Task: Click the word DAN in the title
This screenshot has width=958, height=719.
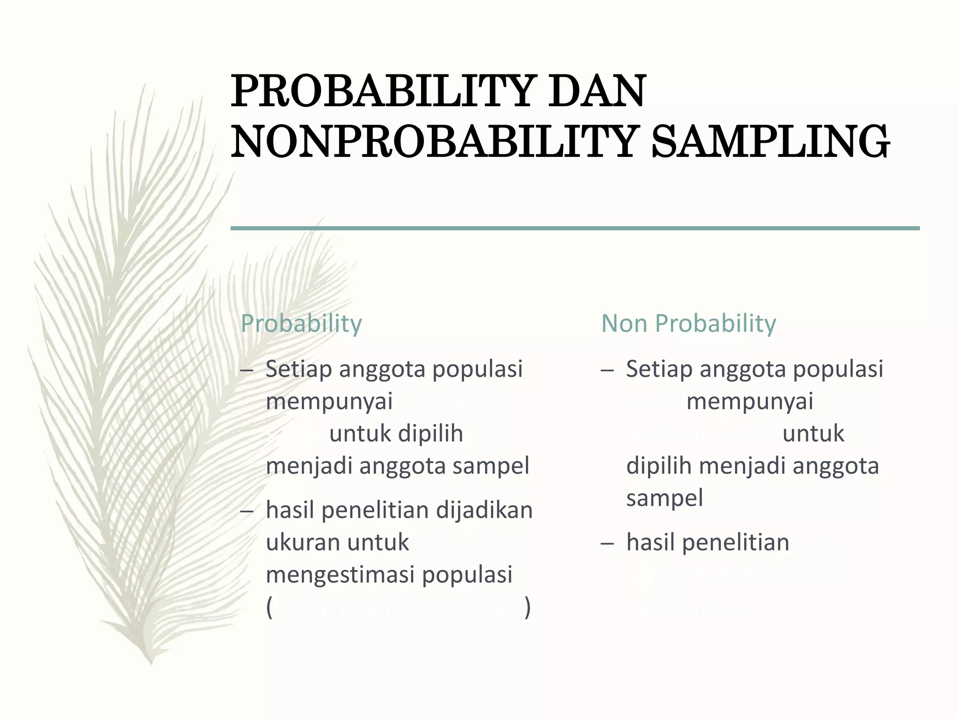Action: point(597,91)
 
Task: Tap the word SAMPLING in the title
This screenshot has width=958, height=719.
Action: point(770,141)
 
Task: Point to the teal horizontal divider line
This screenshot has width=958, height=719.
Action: point(575,228)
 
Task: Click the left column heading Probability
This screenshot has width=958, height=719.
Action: point(301,323)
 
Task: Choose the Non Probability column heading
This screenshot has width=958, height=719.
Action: point(688,323)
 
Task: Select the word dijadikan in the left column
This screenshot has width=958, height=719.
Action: point(484,510)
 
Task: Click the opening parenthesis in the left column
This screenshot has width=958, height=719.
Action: point(269,608)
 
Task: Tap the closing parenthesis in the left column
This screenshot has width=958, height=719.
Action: point(528,608)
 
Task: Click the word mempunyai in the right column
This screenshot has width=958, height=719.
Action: point(749,402)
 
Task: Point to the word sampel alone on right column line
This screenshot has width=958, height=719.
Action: point(665,498)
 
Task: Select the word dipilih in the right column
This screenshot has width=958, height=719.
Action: point(659,466)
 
